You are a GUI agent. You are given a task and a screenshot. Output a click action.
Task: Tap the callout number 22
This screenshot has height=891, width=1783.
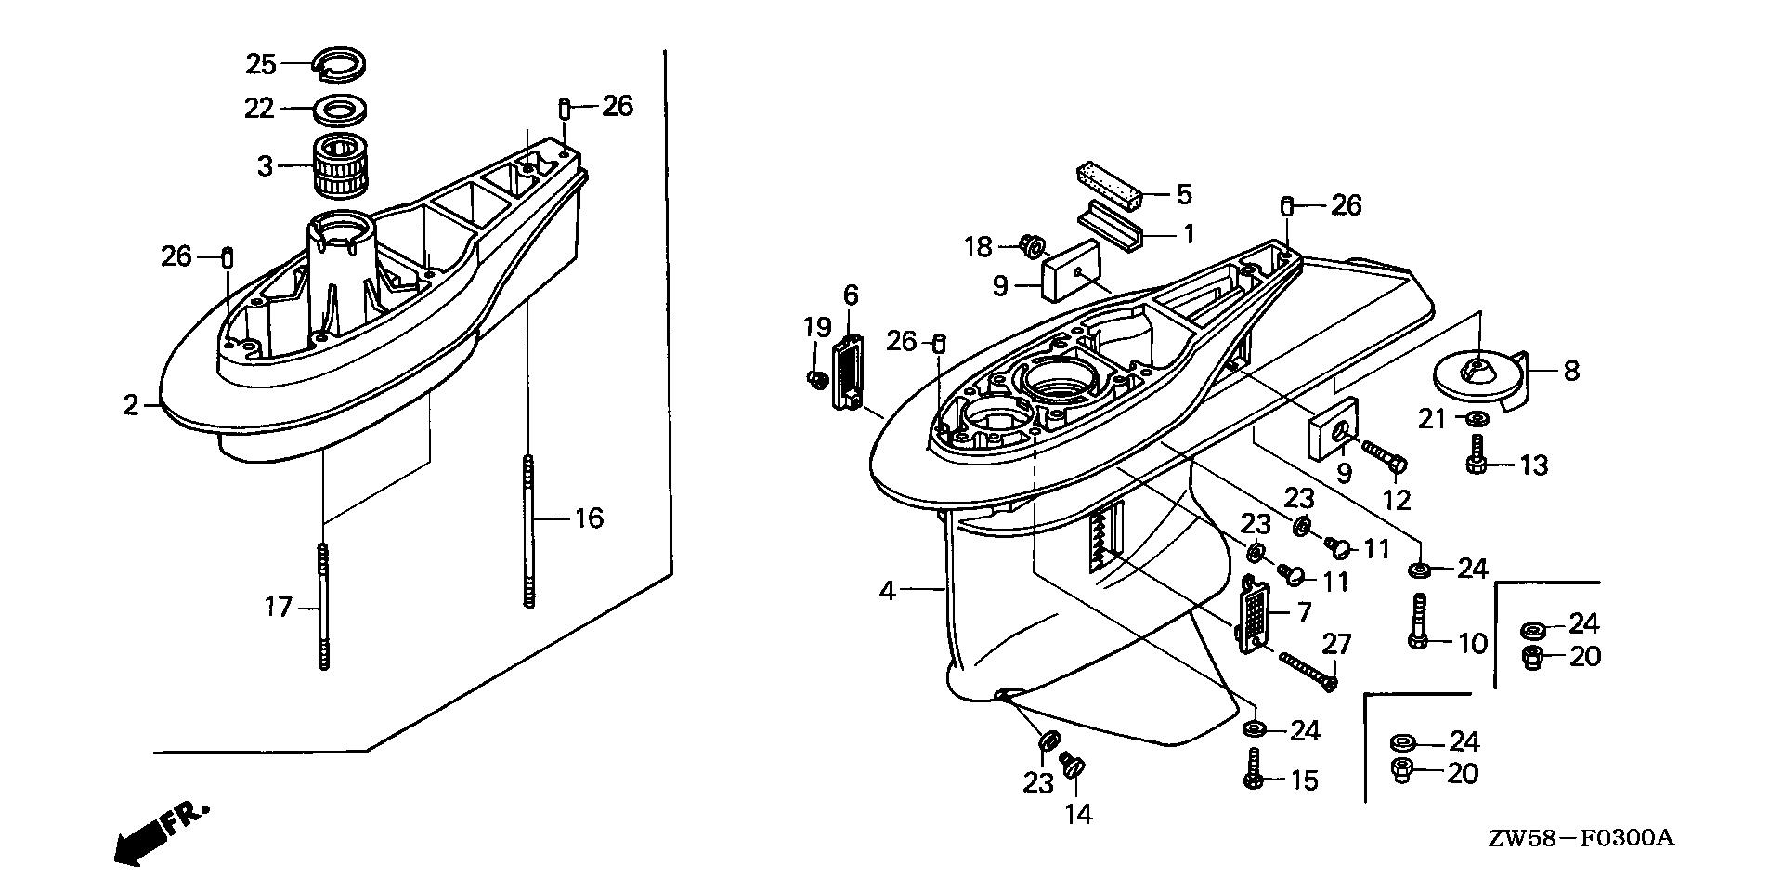pos(259,109)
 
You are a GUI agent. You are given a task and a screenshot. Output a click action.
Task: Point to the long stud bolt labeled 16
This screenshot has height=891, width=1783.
pos(528,530)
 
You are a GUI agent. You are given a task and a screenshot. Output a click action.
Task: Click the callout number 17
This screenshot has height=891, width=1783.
pos(278,608)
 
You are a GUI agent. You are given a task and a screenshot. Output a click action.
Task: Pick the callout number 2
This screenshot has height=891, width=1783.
pos(130,405)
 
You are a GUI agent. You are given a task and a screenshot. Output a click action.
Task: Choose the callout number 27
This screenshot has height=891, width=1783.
pos(1336,644)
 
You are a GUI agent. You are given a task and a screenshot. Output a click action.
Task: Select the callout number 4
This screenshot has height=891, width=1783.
pos(888,590)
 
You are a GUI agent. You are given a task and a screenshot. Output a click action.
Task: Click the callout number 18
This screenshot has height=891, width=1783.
pos(978,247)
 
